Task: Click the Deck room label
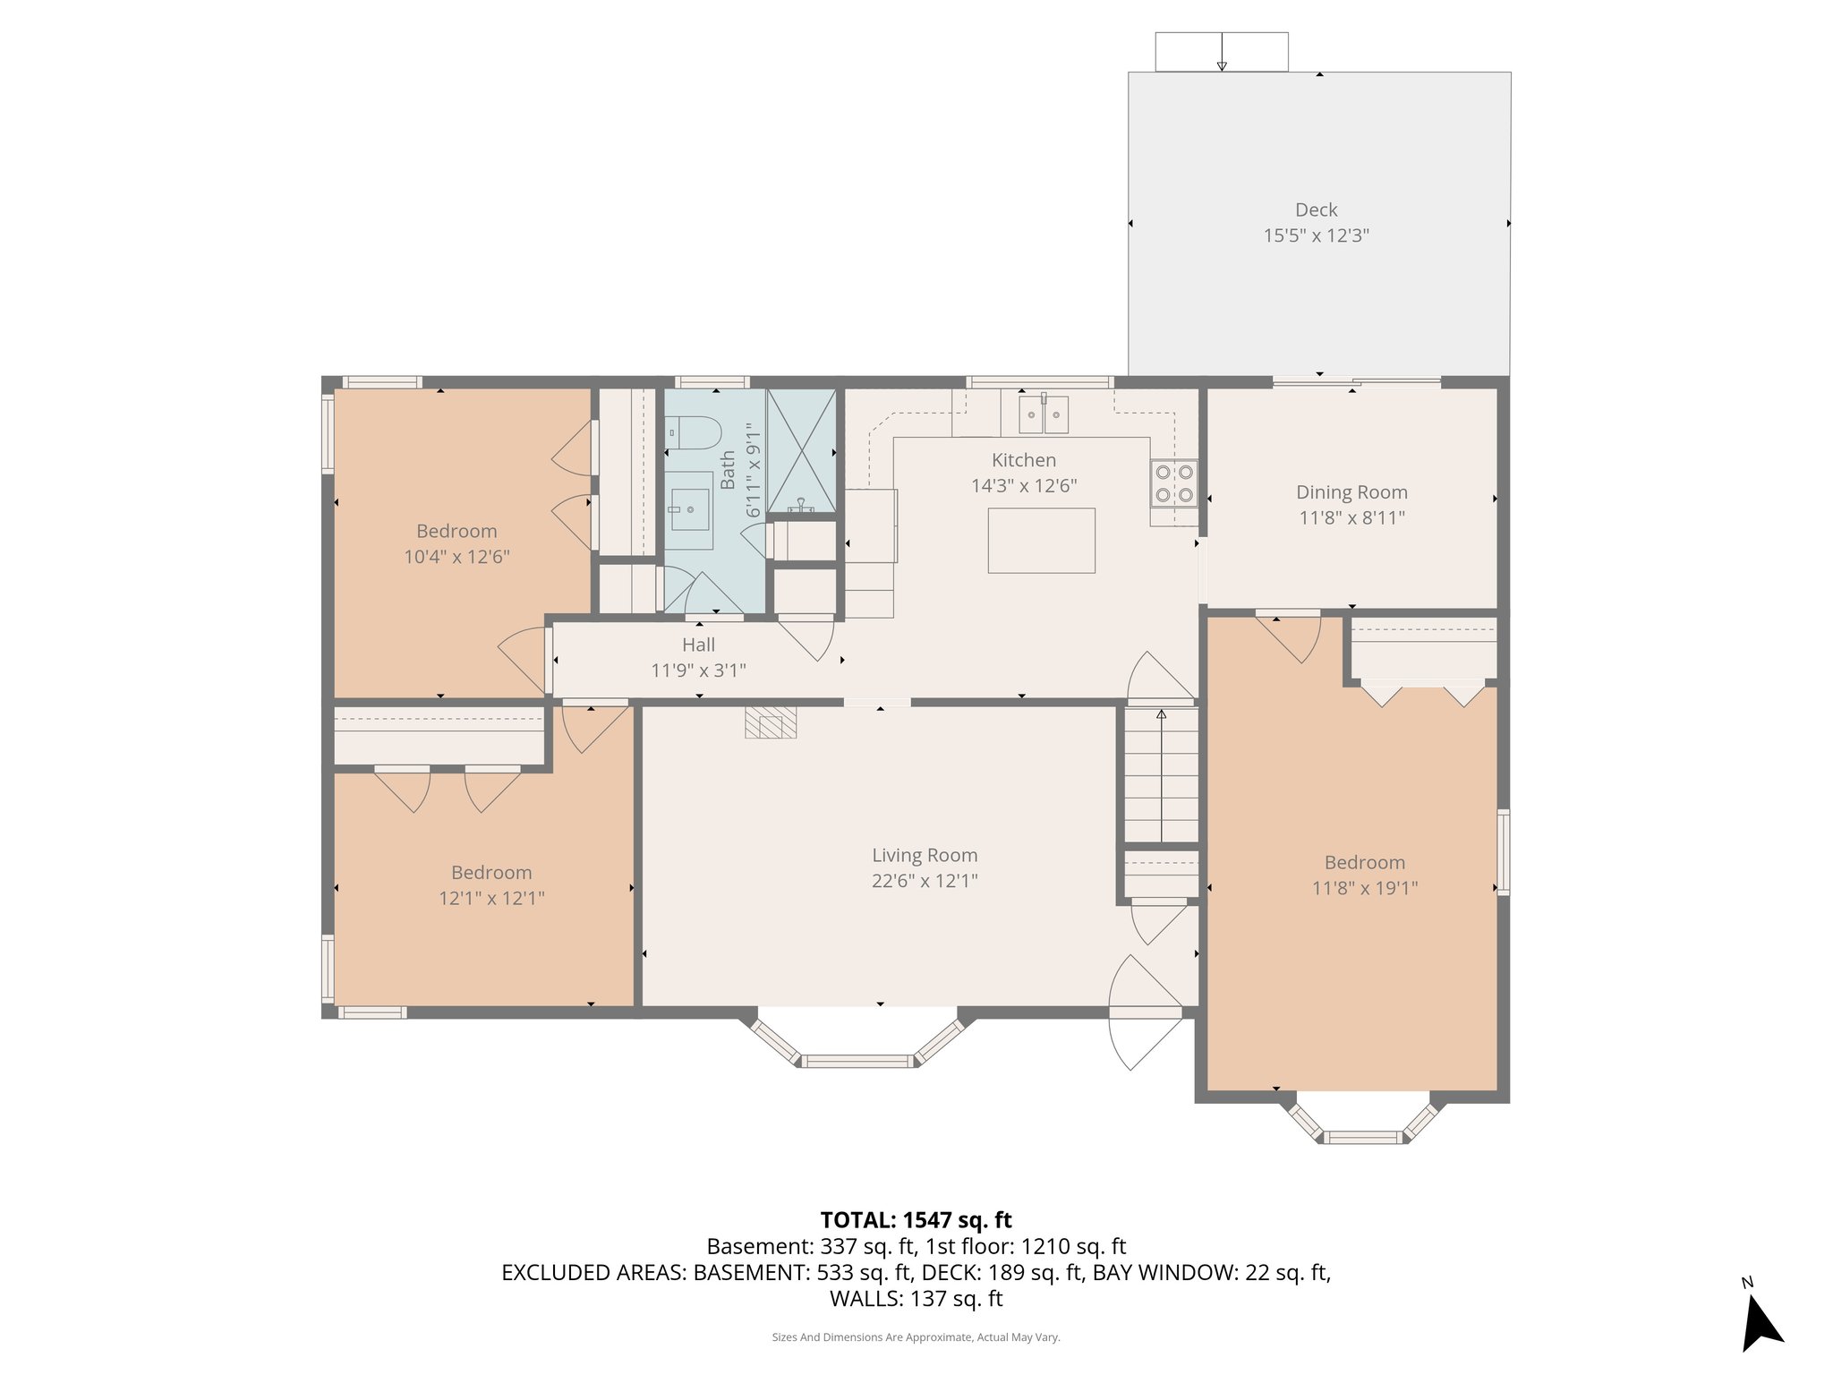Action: [1316, 209]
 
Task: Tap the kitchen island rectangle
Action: [1041, 540]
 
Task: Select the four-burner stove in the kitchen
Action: [1173, 483]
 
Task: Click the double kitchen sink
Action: [1044, 414]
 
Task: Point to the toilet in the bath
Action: [694, 433]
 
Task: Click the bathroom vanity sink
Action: [690, 509]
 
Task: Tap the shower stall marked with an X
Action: [801, 449]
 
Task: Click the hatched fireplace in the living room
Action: [771, 722]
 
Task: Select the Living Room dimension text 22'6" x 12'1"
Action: [925, 881]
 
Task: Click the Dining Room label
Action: [1351, 492]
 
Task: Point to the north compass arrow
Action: [1761, 1323]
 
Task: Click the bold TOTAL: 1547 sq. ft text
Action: [916, 1220]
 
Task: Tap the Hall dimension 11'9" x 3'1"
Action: [698, 670]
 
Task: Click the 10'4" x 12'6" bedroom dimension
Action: [456, 557]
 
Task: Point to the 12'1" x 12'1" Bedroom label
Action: [491, 873]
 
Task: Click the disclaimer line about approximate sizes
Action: [916, 1337]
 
